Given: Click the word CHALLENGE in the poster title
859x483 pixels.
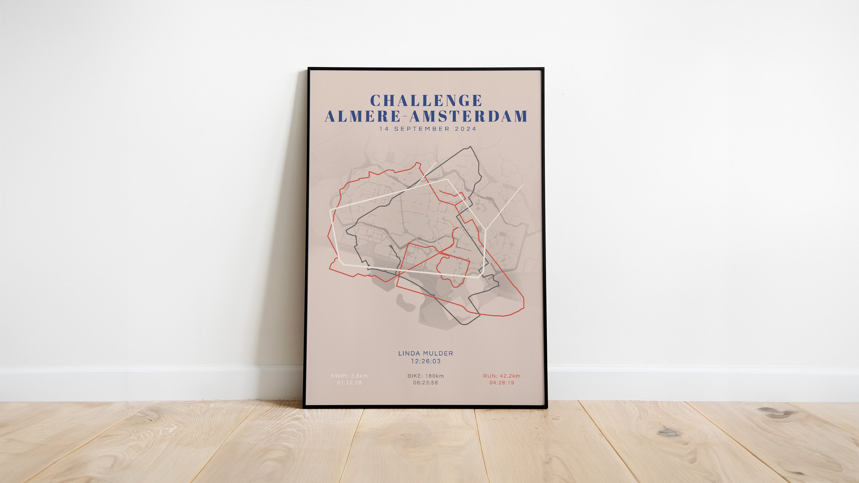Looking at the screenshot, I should point(426,100).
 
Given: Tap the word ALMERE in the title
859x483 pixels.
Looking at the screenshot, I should point(362,116).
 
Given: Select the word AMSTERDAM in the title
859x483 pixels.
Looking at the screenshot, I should point(469,116).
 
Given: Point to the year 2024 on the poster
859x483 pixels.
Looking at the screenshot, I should point(465,129).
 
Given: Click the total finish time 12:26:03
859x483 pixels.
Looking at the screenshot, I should point(426,361).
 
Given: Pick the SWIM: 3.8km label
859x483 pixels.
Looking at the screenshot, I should point(349,376).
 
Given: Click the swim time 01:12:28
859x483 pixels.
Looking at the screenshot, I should point(349,383).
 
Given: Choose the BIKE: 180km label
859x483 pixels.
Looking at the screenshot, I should point(425,376).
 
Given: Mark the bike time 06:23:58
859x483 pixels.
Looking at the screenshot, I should point(425,383).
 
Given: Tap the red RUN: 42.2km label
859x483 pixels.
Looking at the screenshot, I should point(502,376).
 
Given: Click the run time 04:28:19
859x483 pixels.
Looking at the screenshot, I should point(502,383).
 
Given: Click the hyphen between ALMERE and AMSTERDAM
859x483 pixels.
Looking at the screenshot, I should point(405,117).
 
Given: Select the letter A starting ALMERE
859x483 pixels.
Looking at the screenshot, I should point(331,116).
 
